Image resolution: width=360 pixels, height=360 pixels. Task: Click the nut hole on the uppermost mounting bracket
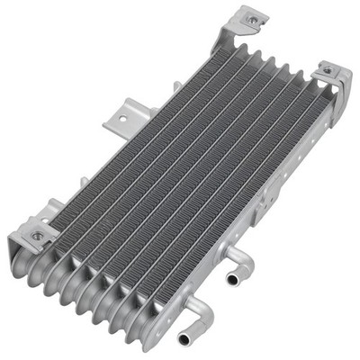(251, 18)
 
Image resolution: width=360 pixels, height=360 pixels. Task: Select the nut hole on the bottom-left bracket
(38, 236)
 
